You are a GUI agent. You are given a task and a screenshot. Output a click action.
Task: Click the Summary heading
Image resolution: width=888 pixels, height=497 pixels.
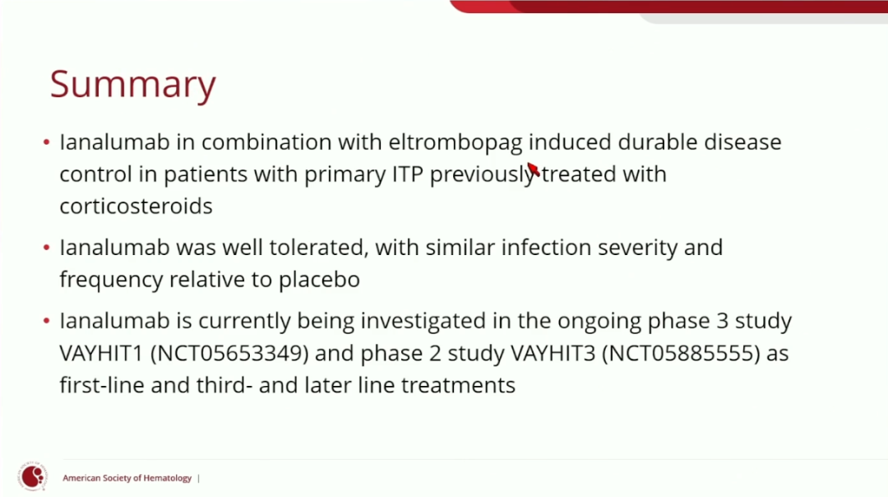tap(132, 85)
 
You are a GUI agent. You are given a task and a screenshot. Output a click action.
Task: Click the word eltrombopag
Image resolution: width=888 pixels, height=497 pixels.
tap(456, 143)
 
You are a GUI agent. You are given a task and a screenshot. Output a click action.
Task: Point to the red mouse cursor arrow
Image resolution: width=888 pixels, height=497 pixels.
tap(534, 169)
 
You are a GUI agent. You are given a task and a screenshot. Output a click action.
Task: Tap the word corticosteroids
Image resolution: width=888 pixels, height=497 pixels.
tap(136, 206)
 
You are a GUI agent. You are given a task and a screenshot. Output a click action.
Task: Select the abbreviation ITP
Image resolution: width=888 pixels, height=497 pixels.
tap(407, 174)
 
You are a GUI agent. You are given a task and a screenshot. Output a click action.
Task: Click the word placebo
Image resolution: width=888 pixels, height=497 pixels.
tap(319, 279)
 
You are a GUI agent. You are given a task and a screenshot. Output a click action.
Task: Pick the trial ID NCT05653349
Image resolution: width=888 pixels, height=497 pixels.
tap(230, 353)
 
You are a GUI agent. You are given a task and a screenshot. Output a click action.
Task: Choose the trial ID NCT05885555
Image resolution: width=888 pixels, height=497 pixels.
tap(681, 353)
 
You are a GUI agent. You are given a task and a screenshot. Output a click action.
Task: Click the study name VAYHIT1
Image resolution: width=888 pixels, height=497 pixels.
tap(101, 353)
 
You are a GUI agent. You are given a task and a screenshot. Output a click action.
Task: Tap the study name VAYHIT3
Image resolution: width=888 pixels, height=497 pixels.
tap(553, 353)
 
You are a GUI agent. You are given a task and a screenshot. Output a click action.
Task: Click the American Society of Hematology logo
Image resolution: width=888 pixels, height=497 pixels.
tap(32, 476)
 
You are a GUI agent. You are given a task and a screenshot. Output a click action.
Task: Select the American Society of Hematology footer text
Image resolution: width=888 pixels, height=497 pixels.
tap(127, 478)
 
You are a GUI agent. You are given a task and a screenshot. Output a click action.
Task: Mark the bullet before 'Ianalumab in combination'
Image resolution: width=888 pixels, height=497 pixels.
tap(46, 142)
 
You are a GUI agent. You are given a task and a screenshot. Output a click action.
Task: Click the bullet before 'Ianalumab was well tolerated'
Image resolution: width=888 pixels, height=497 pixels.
tap(46, 248)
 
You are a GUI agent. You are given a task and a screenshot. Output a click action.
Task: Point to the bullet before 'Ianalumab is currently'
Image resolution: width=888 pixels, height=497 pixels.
tap(46, 321)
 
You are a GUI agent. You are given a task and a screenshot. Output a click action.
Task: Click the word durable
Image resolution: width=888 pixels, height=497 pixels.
tap(658, 142)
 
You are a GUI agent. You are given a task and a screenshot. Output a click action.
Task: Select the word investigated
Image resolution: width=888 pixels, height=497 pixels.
tap(423, 321)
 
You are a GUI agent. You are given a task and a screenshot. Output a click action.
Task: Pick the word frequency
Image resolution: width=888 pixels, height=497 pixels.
tap(111, 280)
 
